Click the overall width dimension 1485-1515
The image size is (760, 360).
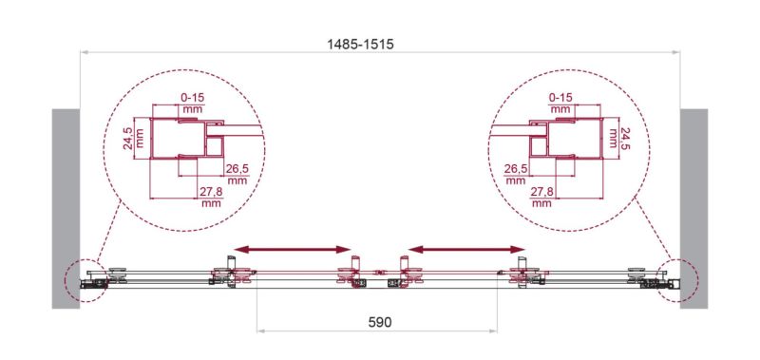point(360,45)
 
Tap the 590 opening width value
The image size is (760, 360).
point(379,322)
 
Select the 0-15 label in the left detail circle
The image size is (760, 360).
point(193,98)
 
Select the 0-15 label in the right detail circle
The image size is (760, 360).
point(560,98)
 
